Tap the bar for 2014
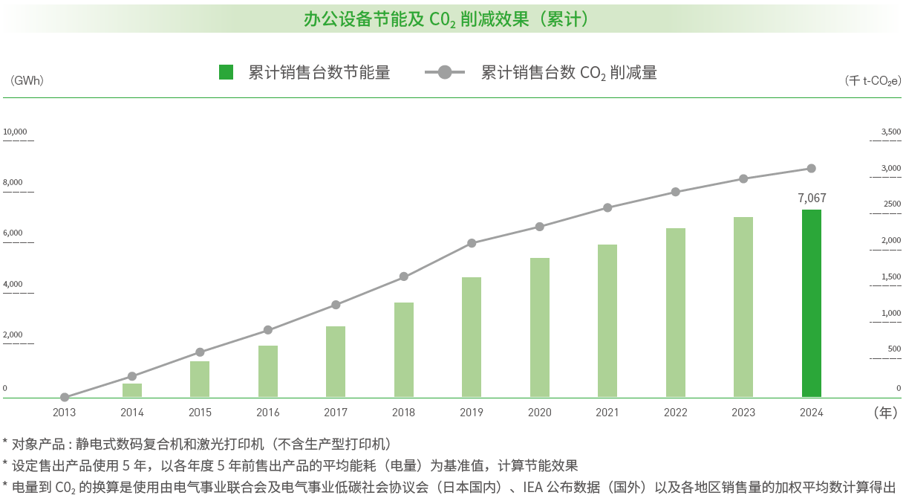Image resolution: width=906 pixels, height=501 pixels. [x=132, y=390]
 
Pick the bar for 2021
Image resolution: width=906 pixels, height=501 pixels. [x=607, y=320]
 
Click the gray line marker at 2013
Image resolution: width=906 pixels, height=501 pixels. [x=65, y=397]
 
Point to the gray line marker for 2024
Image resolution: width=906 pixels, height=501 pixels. [x=811, y=168]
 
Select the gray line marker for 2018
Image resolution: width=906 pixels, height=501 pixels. [x=404, y=277]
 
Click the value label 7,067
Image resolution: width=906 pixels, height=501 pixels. [x=811, y=198]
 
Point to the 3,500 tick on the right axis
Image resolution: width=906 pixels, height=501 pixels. [x=890, y=132]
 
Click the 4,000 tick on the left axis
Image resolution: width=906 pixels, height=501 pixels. [x=13, y=284]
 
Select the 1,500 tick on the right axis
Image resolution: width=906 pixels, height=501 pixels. [x=890, y=277]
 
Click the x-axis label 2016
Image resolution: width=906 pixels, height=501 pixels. [x=268, y=413]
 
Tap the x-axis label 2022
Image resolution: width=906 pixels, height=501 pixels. [x=675, y=413]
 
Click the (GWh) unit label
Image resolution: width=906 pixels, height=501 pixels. [x=27, y=80]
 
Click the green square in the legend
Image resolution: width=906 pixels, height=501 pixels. [x=226, y=72]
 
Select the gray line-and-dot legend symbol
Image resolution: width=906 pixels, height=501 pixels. [x=444, y=72]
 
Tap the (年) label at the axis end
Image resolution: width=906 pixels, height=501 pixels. [x=884, y=412]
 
